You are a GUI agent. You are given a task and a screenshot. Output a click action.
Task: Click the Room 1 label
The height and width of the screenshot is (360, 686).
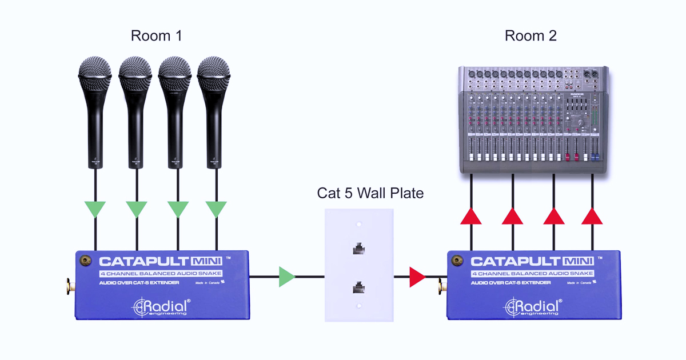tap(156, 36)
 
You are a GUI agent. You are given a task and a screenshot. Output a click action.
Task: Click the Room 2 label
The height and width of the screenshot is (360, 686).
tap(531, 36)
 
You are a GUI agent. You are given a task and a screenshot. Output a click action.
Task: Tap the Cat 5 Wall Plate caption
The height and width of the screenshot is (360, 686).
tap(370, 193)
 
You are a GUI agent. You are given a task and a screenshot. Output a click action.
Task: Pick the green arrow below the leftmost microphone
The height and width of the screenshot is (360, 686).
tap(95, 209)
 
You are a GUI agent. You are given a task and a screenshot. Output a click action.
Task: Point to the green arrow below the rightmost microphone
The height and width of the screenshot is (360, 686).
tap(216, 209)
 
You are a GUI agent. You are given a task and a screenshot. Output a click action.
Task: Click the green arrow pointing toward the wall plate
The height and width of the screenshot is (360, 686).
tap(286, 278)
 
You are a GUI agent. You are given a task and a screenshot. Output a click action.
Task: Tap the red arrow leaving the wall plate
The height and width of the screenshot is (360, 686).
tap(417, 278)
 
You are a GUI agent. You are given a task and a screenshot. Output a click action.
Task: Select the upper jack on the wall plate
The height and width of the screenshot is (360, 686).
tap(359, 249)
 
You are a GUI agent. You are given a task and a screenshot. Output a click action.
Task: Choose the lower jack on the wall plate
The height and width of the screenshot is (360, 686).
tap(359, 287)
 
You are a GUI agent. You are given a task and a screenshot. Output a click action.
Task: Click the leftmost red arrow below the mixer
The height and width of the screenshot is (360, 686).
tap(471, 216)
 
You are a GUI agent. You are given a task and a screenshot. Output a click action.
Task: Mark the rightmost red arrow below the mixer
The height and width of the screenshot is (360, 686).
tap(592, 216)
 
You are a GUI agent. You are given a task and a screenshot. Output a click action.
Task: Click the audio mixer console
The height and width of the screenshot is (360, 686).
tap(534, 120)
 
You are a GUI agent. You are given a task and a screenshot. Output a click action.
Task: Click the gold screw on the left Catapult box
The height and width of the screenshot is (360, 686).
tap(87, 261)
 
